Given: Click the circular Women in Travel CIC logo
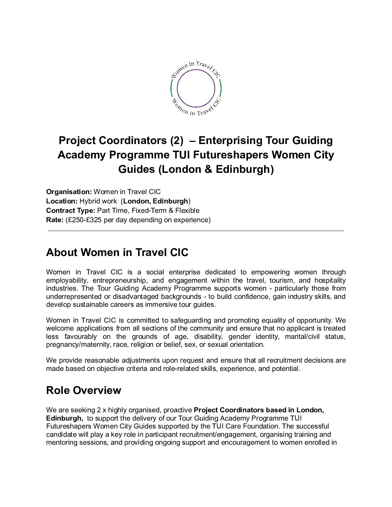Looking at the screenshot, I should pos(196,89).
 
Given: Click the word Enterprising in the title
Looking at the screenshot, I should pos(230,140).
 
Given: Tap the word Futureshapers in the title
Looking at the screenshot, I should pos(231,155).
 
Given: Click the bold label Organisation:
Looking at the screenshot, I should pos(69,192).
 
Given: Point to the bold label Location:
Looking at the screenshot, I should pos(62,201).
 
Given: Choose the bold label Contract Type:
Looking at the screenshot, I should pos(71,211).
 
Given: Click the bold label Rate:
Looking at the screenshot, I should pos(54,220).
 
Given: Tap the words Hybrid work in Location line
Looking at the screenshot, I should pos(98,201).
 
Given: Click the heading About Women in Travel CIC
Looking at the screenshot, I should pos(117,252).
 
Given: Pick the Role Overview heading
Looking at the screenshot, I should pos(84,390).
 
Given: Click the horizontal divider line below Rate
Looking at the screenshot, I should pos(196,230).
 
